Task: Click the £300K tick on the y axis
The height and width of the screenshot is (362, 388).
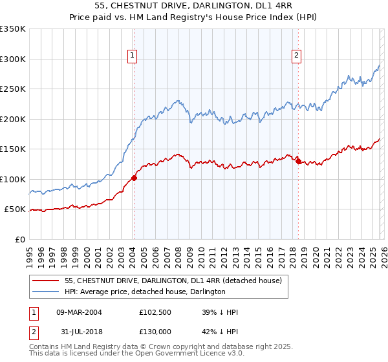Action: point(13,59)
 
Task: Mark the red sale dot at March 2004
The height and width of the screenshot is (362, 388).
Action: point(134,178)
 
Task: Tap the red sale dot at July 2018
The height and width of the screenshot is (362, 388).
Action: point(298,161)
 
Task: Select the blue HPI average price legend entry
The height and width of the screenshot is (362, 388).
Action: point(145,292)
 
